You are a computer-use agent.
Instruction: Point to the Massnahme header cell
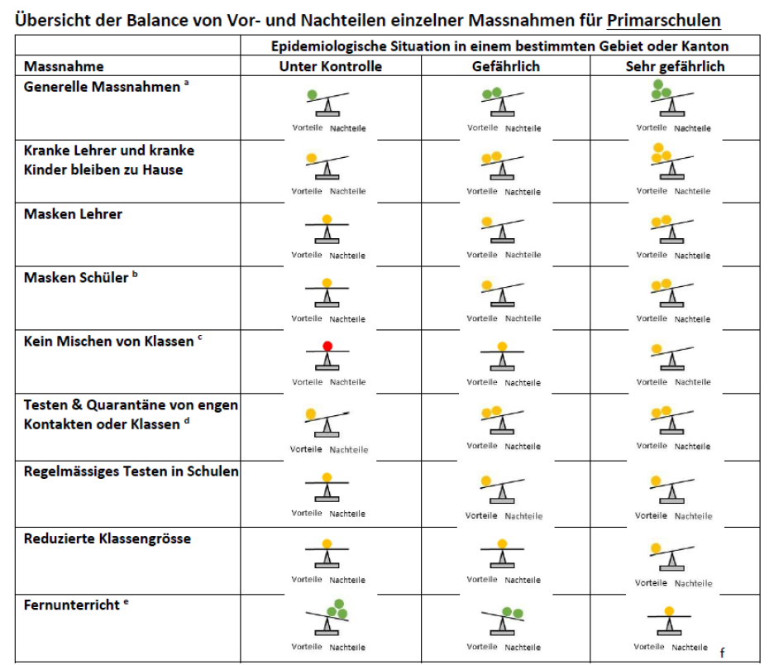tap(64, 66)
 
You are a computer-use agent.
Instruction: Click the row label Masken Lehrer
tap(73, 214)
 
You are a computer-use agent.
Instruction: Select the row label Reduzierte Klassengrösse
tap(107, 538)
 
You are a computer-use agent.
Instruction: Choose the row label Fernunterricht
tap(73, 605)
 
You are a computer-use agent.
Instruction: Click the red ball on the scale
tap(327, 345)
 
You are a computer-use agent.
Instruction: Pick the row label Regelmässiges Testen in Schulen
tap(131, 471)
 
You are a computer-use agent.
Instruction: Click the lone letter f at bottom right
tap(722, 653)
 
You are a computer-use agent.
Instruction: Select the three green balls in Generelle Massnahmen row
tap(660, 90)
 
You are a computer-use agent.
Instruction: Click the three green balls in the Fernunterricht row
tap(335, 610)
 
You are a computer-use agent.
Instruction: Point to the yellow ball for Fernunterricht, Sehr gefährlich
tap(669, 610)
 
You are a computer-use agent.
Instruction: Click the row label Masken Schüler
tap(77, 277)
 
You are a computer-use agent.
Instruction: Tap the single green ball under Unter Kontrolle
tap(312, 95)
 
